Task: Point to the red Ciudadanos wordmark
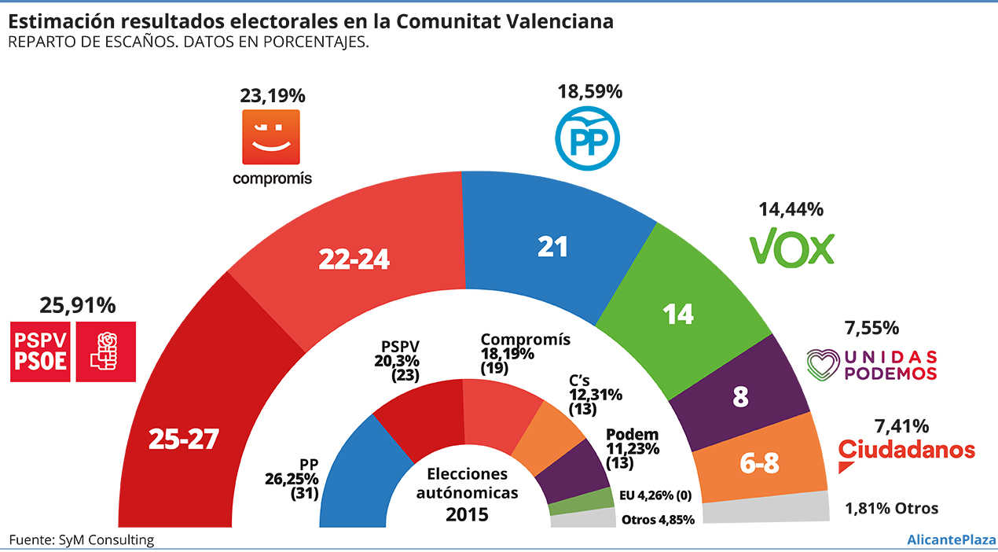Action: pyautogui.click(x=907, y=450)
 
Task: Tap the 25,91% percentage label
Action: pyautogui.click(x=77, y=304)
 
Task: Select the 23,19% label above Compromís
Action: pyautogui.click(x=272, y=96)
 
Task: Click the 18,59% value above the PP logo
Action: pyautogui.click(x=589, y=91)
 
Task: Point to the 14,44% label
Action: pyautogui.click(x=791, y=209)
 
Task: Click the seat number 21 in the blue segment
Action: pyautogui.click(x=552, y=246)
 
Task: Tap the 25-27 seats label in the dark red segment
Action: pyautogui.click(x=182, y=440)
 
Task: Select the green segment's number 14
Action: pyautogui.click(x=677, y=313)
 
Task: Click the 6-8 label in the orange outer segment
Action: pyautogui.click(x=759, y=464)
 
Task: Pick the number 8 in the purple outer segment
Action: pyautogui.click(x=739, y=398)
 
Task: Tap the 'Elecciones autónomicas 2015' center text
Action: pyautogui.click(x=467, y=494)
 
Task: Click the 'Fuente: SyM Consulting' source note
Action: pyautogui.click(x=82, y=539)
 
